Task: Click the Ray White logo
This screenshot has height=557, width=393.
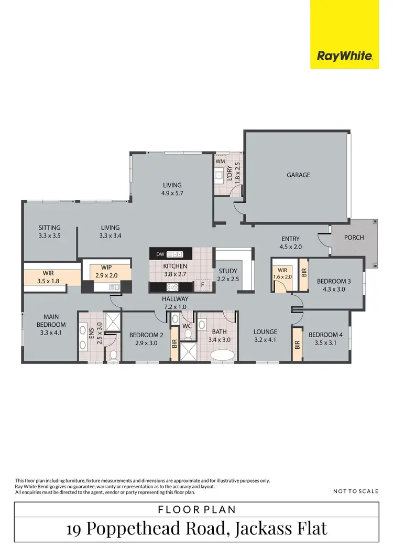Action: pyautogui.click(x=344, y=56)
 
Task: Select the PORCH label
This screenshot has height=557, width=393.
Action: pyautogui.click(x=354, y=238)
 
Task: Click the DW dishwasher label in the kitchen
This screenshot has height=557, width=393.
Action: pyautogui.click(x=160, y=255)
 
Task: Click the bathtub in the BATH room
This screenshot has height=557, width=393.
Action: pyautogui.click(x=222, y=356)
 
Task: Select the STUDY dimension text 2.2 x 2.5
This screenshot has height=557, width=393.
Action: pyautogui.click(x=228, y=279)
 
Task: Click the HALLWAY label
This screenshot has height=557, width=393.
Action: pyautogui.click(x=175, y=298)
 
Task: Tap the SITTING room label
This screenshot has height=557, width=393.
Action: pyautogui.click(x=50, y=228)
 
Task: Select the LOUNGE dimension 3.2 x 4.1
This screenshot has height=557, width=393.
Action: pyautogui.click(x=265, y=339)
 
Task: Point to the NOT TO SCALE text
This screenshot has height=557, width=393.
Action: pyautogui.click(x=355, y=491)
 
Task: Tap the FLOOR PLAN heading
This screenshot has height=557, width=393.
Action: pyautogui.click(x=196, y=509)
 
